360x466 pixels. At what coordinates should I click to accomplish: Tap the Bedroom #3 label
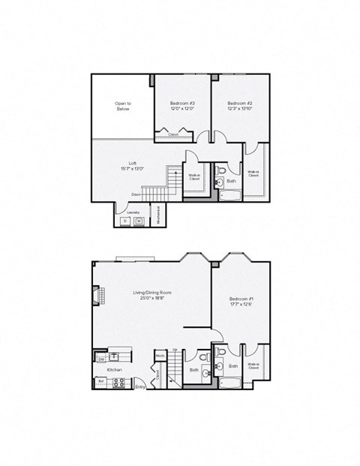tap(182, 103)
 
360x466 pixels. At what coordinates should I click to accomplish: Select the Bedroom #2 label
tap(239, 103)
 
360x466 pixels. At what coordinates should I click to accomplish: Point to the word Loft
tap(132, 164)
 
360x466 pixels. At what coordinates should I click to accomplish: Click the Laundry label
tap(133, 212)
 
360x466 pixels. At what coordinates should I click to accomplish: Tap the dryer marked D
tap(125, 221)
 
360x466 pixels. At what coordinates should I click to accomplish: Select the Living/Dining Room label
tap(152, 293)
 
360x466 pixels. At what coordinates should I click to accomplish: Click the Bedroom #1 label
tap(241, 299)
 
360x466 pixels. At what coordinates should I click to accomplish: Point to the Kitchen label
tap(114, 370)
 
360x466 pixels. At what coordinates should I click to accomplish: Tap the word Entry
tap(139, 386)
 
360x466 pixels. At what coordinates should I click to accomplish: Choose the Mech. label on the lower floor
tap(160, 356)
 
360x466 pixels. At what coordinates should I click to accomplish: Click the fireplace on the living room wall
tap(96, 299)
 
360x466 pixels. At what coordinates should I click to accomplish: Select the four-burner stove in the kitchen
tap(118, 382)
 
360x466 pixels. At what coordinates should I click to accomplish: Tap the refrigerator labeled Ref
tap(100, 382)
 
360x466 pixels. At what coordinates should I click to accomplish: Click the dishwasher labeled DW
tap(101, 359)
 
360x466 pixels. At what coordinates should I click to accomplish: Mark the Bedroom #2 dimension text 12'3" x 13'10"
tap(239, 108)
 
